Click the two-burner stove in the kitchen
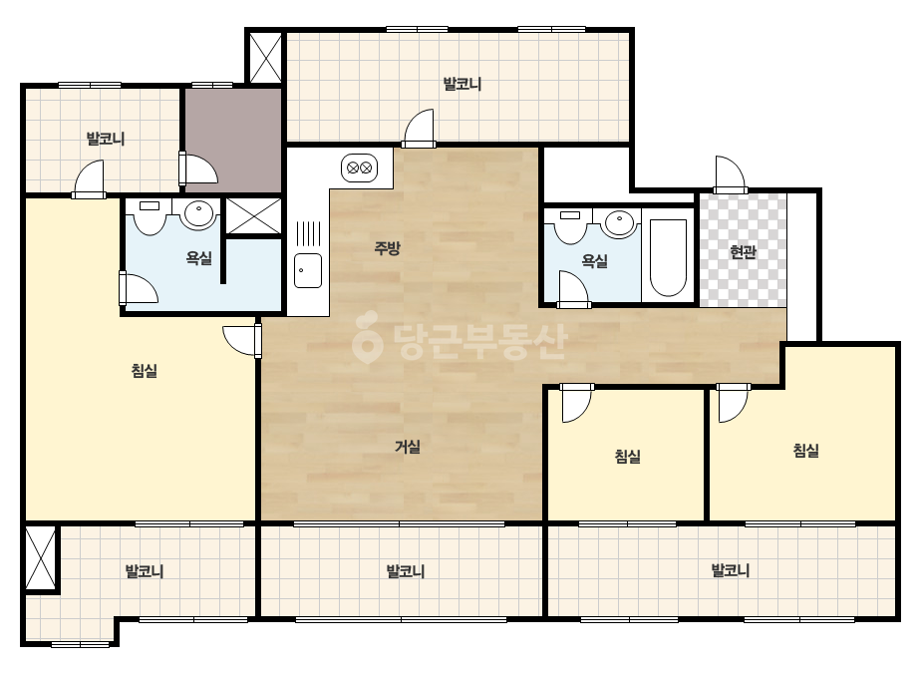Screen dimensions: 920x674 click(x=359, y=168)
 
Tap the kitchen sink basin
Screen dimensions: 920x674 click(x=307, y=270)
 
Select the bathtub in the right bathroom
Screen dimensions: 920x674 click(x=668, y=258)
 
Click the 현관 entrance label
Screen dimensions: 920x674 click(x=743, y=252)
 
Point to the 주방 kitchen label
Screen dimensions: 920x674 click(x=388, y=247)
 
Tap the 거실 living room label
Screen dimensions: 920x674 click(x=408, y=447)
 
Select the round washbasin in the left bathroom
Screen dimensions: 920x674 click(x=199, y=213)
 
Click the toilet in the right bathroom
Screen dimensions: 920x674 click(x=570, y=226)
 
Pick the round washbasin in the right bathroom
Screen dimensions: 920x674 click(x=620, y=223)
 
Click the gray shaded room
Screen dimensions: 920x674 click(x=233, y=140)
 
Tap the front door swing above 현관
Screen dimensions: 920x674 click(x=730, y=174)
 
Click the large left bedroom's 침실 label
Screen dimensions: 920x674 click(x=145, y=371)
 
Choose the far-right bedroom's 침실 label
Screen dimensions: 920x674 click(x=805, y=451)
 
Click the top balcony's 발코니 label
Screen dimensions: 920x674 click(x=462, y=84)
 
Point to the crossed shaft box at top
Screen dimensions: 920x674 click(x=265, y=58)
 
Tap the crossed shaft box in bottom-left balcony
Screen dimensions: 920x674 click(x=41, y=557)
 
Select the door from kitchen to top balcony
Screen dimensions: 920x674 click(x=419, y=128)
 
